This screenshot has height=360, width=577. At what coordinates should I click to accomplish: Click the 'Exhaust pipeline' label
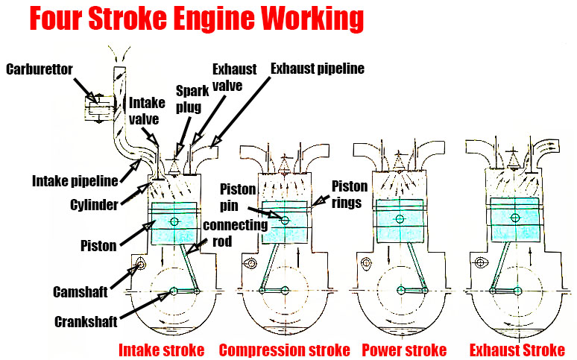pyautogui.click(x=317, y=69)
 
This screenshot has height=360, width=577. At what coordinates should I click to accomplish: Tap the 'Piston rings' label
pyautogui.click(x=349, y=194)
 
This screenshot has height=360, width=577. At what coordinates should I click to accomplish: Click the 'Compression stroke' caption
pyautogui.click(x=284, y=350)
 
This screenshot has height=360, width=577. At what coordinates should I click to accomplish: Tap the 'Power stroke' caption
pyautogui.click(x=403, y=350)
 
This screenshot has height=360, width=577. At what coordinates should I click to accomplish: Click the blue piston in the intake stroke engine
pyautogui.click(x=174, y=224)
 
